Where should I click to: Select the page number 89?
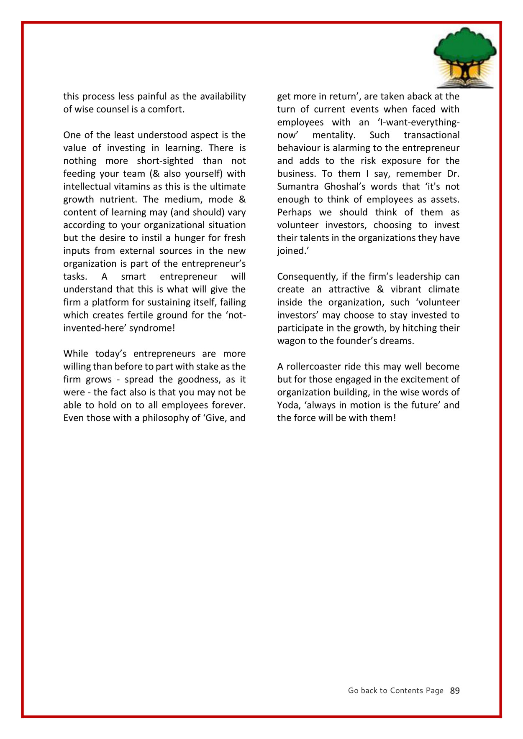pos(455,691)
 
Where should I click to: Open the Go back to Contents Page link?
pos(395,691)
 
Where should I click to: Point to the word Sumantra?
pos(297,186)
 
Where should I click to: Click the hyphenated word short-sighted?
pos(165,161)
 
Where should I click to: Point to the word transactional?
pos(431,135)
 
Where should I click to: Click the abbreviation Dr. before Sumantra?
pos(453,173)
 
